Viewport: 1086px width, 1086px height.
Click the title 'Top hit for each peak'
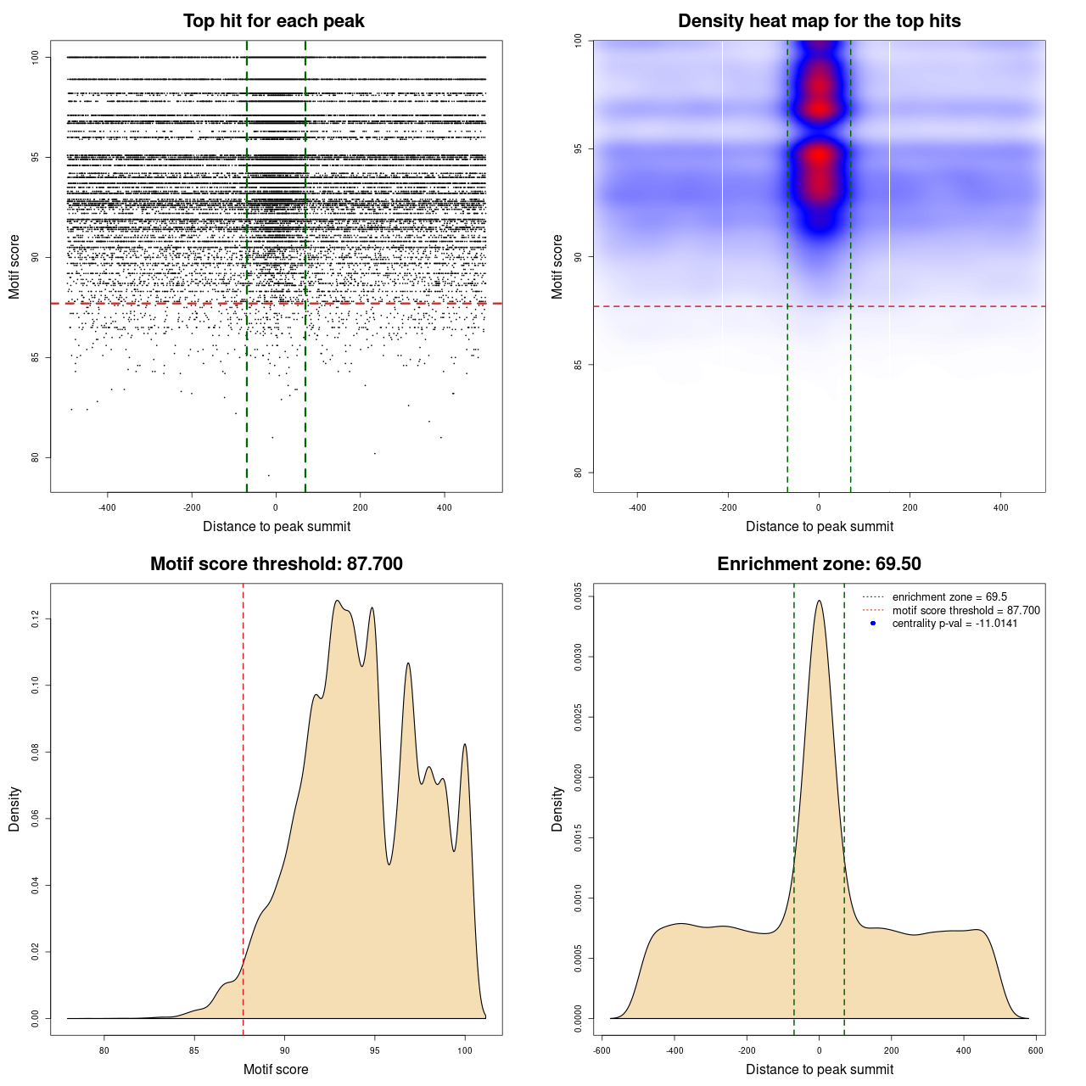[x=273, y=21]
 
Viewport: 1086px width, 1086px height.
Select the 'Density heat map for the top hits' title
[x=819, y=21]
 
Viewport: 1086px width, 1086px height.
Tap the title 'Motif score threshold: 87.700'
[x=276, y=564]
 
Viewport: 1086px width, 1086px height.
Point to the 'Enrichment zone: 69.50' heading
[x=819, y=564]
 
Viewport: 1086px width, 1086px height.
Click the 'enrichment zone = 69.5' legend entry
[x=949, y=597]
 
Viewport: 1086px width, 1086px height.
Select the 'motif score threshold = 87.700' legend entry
[x=966, y=611]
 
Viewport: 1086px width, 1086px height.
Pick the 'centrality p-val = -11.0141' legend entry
[x=954, y=624]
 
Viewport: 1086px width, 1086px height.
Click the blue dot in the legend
[x=873, y=624]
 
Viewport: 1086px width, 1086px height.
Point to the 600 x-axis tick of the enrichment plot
[x=1036, y=1050]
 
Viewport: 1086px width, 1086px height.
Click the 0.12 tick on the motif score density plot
[x=36, y=619]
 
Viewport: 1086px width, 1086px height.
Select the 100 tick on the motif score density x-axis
[x=465, y=1050]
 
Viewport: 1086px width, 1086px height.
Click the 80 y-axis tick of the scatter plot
[x=36, y=457]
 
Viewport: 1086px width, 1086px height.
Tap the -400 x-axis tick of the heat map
[x=637, y=507]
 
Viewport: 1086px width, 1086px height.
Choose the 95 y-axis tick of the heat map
[x=579, y=148]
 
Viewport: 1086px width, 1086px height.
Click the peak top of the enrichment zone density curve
[x=819, y=601]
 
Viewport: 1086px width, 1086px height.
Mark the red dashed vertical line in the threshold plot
[x=244, y=806]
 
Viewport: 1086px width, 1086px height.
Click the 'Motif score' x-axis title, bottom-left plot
[x=276, y=1069]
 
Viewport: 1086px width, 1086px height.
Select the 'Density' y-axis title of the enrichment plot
[x=557, y=809]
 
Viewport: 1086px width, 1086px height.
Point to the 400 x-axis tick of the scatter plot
[x=445, y=507]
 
